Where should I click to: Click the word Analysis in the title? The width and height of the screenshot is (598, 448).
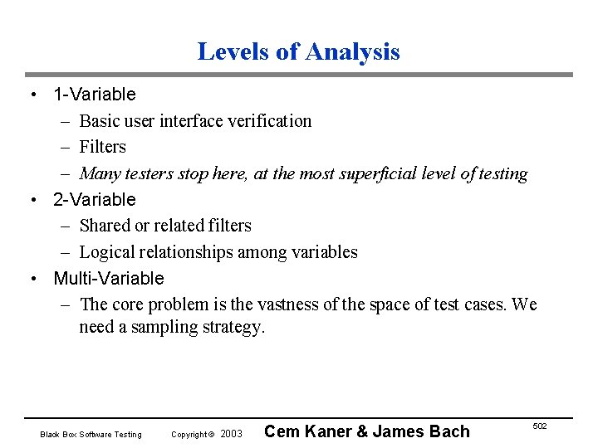tap(352, 52)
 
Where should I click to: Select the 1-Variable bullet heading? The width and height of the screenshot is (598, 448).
tap(94, 95)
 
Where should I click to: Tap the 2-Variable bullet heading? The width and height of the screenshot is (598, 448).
tap(94, 200)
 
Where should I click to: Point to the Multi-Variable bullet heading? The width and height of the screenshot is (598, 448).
tap(109, 279)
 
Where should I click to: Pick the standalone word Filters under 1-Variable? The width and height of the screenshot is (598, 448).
tap(103, 148)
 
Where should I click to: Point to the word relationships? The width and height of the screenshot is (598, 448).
tap(189, 252)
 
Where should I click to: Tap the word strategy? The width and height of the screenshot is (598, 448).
tap(233, 328)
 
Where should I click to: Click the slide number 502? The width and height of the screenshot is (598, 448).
tap(540, 426)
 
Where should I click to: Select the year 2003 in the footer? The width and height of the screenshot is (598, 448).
tap(232, 435)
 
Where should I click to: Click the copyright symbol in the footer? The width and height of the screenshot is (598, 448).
tap(211, 435)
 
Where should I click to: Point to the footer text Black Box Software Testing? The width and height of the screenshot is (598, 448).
tap(91, 435)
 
